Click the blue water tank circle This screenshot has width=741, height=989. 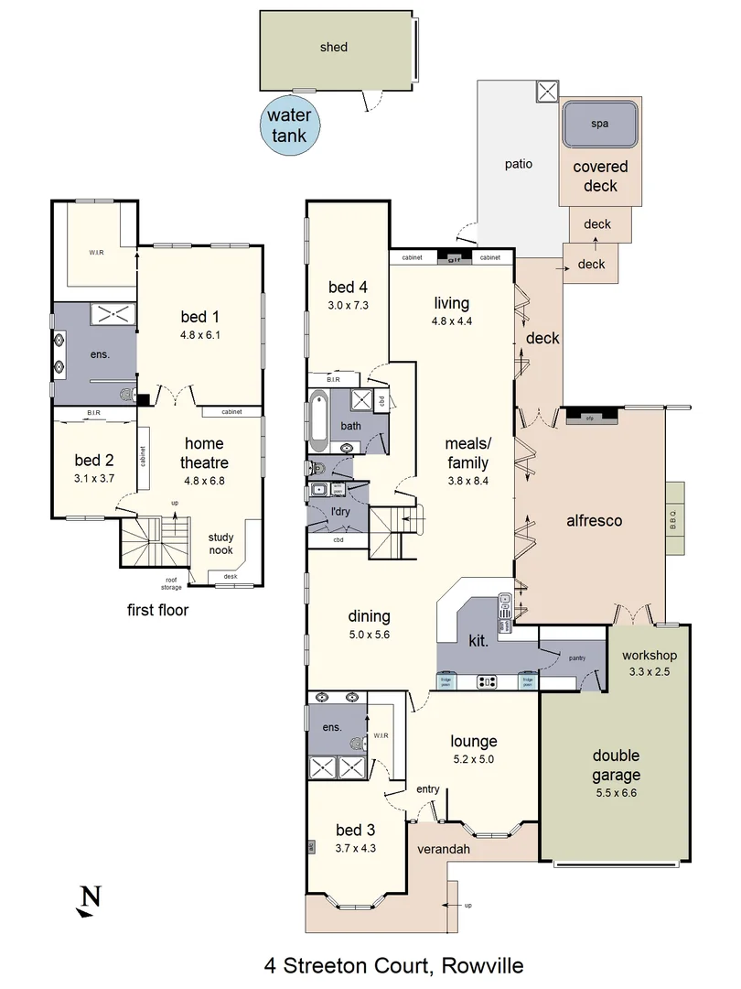(288, 126)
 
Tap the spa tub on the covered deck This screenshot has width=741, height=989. (599, 124)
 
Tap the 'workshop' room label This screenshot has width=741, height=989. (649, 655)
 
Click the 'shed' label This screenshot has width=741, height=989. (334, 47)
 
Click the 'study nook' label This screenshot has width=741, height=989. (220, 544)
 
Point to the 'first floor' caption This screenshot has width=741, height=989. (158, 610)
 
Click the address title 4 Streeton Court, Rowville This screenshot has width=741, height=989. (393, 964)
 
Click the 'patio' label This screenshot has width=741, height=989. (518, 164)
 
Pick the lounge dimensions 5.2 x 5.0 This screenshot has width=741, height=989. (473, 759)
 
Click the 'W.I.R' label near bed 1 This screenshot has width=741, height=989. (96, 253)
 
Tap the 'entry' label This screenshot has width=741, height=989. (427, 788)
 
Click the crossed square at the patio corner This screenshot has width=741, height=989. (546, 91)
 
